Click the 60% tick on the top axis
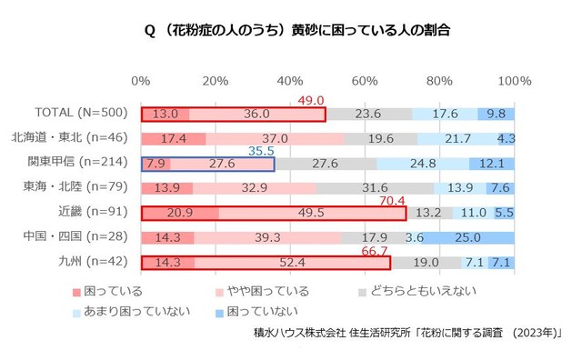[x=365, y=82]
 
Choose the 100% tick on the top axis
[x=515, y=82]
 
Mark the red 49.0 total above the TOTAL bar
[x=312, y=100]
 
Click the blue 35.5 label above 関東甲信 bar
[x=260, y=150]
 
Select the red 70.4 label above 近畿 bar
[x=392, y=200]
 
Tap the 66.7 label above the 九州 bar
[x=376, y=249]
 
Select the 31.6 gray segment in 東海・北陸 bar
[x=374, y=188]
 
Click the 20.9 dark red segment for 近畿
[x=179, y=213]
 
